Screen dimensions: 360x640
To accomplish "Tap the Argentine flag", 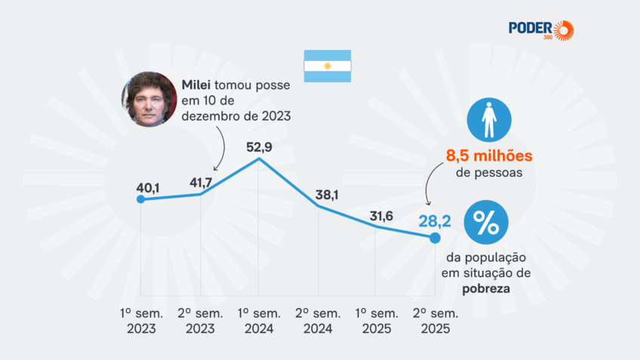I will [x=327, y=66].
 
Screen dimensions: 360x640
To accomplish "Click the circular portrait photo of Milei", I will [x=148, y=100].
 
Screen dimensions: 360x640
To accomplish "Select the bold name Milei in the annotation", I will [x=197, y=85].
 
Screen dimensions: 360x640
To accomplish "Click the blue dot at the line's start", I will [x=140, y=199].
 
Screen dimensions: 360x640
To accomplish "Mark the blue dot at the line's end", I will [x=435, y=238].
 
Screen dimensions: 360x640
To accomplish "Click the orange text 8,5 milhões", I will [x=489, y=156].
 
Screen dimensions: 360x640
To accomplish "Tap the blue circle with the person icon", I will [x=488, y=121].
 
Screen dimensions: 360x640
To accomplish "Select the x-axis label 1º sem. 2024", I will [x=259, y=321].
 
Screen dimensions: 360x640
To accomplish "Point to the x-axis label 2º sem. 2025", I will [x=434, y=321].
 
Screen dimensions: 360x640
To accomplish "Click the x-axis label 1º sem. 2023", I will [x=141, y=321].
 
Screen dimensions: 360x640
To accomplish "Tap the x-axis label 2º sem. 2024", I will [x=318, y=321].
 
